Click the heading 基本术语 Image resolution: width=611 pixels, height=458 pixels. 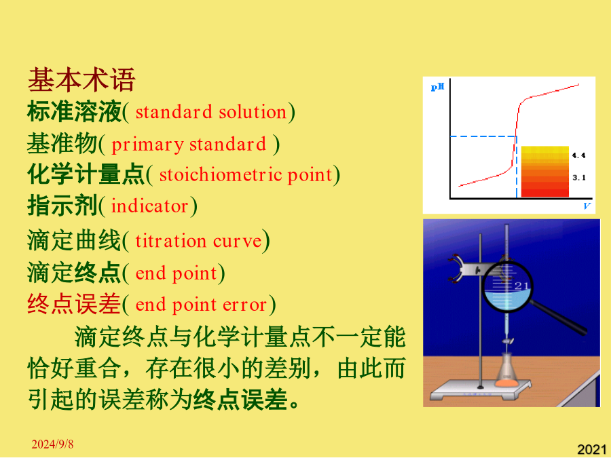pyautogui.click(x=81, y=79)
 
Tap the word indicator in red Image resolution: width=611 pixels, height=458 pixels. pyautogui.click(x=149, y=206)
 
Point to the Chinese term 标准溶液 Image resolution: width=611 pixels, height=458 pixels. pyautogui.click(x=74, y=111)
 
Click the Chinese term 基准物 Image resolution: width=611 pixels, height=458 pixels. pyautogui.click(x=62, y=143)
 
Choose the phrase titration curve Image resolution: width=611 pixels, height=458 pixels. pyautogui.click(x=198, y=241)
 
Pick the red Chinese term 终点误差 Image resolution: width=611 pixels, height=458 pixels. pyautogui.click(x=74, y=304)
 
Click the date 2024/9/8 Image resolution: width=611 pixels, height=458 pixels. pyautogui.click(x=52, y=444)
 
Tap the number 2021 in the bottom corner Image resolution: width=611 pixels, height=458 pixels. pyautogui.click(x=591, y=449)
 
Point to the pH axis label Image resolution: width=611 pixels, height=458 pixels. pyautogui.click(x=437, y=87)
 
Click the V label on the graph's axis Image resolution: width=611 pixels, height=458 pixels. pyautogui.click(x=587, y=206)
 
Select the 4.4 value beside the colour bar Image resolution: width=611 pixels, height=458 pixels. pyautogui.click(x=578, y=155)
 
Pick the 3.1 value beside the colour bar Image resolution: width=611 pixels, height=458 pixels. pyautogui.click(x=578, y=178)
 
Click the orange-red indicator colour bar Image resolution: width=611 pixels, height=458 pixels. pyautogui.click(x=544, y=172)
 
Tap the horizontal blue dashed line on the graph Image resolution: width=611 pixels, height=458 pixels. pyautogui.click(x=483, y=136)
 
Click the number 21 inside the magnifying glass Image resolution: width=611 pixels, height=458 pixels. pyautogui.click(x=521, y=286)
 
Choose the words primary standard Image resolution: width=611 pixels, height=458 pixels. pyautogui.click(x=189, y=144)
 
